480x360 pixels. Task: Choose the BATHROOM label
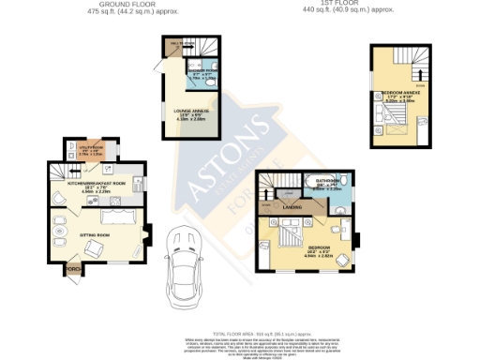327,181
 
